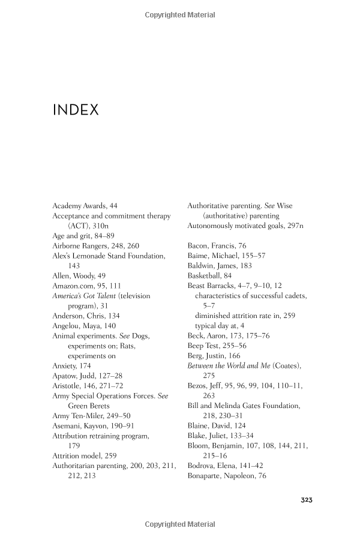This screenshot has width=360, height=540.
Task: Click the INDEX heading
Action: (x=76, y=110)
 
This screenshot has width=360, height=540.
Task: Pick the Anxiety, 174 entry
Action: (x=72, y=366)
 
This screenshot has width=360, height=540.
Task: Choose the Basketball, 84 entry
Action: (x=209, y=276)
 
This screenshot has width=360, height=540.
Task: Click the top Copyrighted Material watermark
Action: (x=180, y=15)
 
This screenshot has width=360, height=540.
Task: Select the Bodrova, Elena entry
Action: (x=225, y=466)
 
